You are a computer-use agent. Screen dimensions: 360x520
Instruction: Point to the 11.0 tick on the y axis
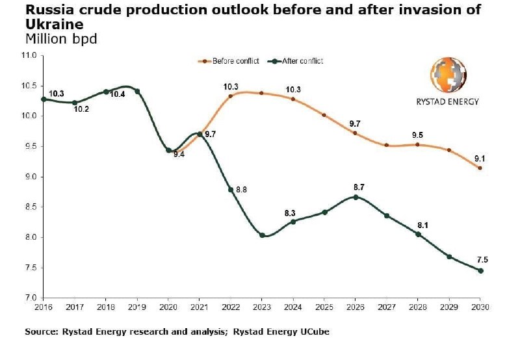click(x=29, y=56)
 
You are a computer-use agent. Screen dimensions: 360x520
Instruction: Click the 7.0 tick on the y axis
click(x=31, y=298)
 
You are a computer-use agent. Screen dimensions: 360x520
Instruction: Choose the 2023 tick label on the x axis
click(x=262, y=307)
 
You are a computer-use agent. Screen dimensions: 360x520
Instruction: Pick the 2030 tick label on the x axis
click(x=480, y=307)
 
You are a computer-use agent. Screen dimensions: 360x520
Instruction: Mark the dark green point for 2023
click(x=262, y=235)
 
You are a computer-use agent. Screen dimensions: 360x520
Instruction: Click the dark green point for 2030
click(x=480, y=270)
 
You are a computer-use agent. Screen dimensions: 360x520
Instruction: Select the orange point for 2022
click(x=231, y=96)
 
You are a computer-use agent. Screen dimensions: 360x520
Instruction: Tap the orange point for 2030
click(x=480, y=168)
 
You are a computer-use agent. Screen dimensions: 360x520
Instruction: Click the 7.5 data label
click(x=482, y=259)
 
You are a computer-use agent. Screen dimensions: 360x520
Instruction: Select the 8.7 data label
click(x=358, y=187)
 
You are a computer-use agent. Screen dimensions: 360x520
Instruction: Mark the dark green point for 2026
click(x=356, y=197)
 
